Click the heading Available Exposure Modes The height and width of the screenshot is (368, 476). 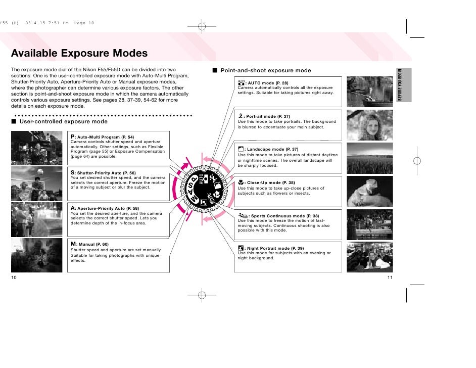(x=79, y=53)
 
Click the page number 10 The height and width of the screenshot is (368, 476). (x=14, y=278)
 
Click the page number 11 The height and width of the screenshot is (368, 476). (x=390, y=278)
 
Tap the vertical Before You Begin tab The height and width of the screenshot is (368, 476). (x=404, y=85)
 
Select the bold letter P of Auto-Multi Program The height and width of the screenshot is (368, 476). (x=73, y=136)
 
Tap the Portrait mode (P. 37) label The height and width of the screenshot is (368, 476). (x=268, y=116)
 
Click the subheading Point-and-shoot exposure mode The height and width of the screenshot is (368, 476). (x=266, y=70)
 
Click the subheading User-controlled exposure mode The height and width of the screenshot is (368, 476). (x=63, y=121)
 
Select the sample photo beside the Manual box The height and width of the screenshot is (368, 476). (x=36, y=255)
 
